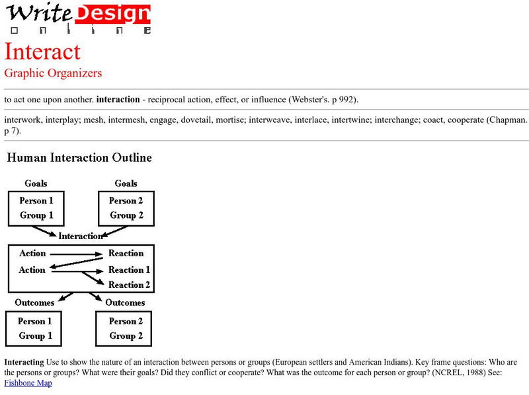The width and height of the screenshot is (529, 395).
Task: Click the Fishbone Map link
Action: pyautogui.click(x=28, y=383)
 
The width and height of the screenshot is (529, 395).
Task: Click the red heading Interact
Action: pyautogui.click(x=42, y=52)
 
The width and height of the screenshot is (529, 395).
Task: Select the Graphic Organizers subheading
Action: pyautogui.click(x=53, y=73)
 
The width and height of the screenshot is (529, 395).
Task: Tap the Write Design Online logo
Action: pyautogui.click(x=79, y=18)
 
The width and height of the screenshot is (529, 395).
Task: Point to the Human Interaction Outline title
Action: pyautogui.click(x=79, y=158)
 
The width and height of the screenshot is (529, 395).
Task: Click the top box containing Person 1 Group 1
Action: pyautogui.click(x=36, y=208)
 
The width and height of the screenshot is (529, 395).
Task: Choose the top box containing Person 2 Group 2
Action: pyautogui.click(x=126, y=208)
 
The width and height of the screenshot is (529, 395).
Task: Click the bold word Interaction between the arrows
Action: pyautogui.click(x=81, y=236)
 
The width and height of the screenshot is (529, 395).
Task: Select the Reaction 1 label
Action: pyautogui.click(x=129, y=269)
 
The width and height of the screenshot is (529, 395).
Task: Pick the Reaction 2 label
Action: pyautogui.click(x=129, y=285)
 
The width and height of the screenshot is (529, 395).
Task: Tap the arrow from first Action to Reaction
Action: pyautogui.click(x=76, y=254)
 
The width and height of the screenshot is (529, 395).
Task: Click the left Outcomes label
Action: pyautogui.click(x=34, y=303)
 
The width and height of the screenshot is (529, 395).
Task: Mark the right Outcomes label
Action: pyautogui.click(x=125, y=303)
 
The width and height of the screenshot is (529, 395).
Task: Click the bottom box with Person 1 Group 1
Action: pyautogui.click(x=35, y=328)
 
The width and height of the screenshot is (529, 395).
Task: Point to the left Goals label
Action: pyautogui.click(x=36, y=184)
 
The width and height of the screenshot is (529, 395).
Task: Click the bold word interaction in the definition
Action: pyautogui.click(x=118, y=100)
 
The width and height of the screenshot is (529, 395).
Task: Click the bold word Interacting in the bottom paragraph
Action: pyautogui.click(x=24, y=363)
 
